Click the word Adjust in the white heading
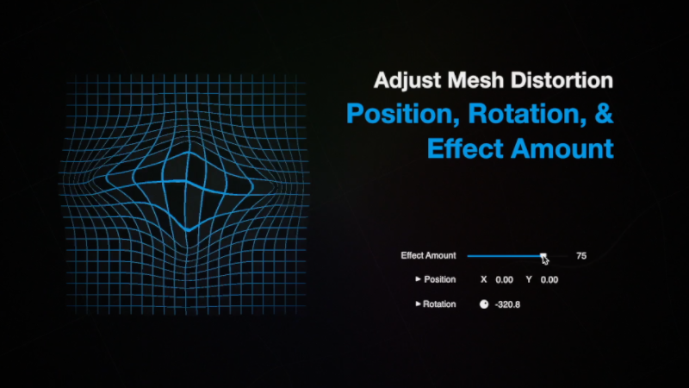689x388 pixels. pyautogui.click(x=407, y=81)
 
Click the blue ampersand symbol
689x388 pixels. pyautogui.click(x=605, y=113)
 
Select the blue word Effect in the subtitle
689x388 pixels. pyautogui.click(x=465, y=147)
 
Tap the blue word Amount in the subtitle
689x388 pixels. pyautogui.click(x=562, y=148)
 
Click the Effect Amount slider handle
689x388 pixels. pyautogui.click(x=543, y=255)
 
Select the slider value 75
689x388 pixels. pyautogui.click(x=581, y=256)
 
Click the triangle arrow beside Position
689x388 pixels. pyautogui.click(x=418, y=278)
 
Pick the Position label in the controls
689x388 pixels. pyautogui.click(x=440, y=279)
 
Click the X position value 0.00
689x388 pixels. pyautogui.click(x=504, y=279)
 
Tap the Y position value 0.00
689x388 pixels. pyautogui.click(x=549, y=279)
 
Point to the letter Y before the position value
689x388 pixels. pyautogui.click(x=529, y=279)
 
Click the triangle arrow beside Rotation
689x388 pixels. pyautogui.click(x=418, y=304)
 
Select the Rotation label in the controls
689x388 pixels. pyautogui.click(x=439, y=304)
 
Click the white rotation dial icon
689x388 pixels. pyautogui.click(x=484, y=304)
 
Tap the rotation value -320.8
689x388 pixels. pyautogui.click(x=507, y=304)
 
